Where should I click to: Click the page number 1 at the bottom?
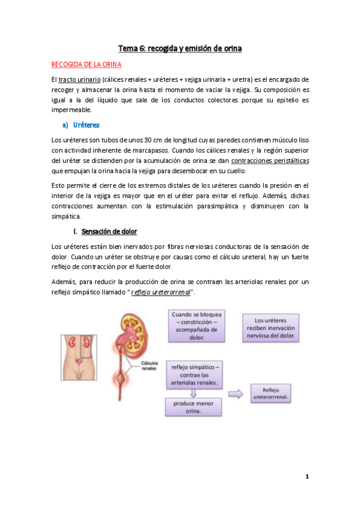307,477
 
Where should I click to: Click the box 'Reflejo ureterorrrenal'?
275,393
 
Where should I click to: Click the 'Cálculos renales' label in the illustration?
149,366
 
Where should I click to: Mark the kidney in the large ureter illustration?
132,328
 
